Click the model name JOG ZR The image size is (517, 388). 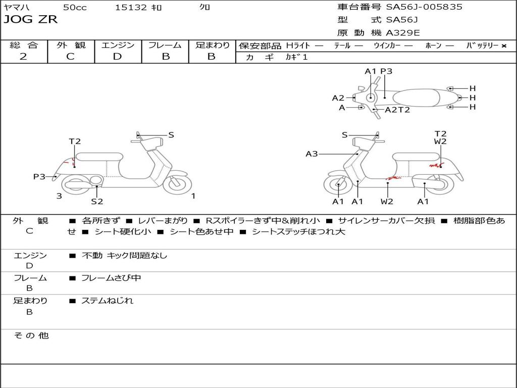pyautogui.click(x=30, y=20)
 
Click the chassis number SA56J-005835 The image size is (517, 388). pyautogui.click(x=424, y=7)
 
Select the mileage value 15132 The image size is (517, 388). pyautogui.click(x=131, y=8)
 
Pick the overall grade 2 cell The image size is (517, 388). pyautogui.click(x=23, y=57)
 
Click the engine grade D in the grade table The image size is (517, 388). pyautogui.click(x=117, y=57)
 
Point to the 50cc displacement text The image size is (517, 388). pyautogui.click(x=74, y=8)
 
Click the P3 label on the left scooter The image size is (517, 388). pyautogui.click(x=39, y=176)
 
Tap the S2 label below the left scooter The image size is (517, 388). pyautogui.click(x=97, y=202)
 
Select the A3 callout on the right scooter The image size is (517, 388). pyautogui.click(x=312, y=154)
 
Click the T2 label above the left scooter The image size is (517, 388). pyautogui.click(x=75, y=141)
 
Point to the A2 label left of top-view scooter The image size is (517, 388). pyautogui.click(x=338, y=98)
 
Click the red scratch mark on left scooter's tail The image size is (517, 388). pyautogui.click(x=73, y=162)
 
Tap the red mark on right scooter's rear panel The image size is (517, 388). pyautogui.click(x=435, y=165)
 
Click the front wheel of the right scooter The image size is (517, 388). pyautogui.click(x=337, y=185)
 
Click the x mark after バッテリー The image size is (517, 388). pyautogui.click(x=503, y=46)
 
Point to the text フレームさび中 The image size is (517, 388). pyautogui.click(x=111, y=278)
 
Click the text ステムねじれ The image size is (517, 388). pyautogui.click(x=107, y=301)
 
